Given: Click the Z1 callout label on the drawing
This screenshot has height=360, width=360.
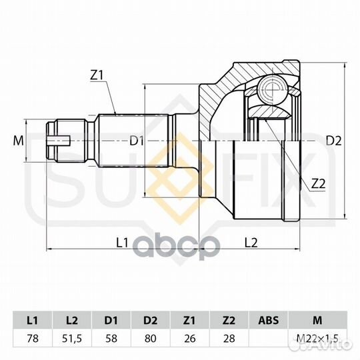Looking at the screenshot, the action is point(97,75).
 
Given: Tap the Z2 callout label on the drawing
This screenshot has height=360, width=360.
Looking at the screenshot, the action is point(318,184).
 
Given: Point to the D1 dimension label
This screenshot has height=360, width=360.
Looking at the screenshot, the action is point(137,141).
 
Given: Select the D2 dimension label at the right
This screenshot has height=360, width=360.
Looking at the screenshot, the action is point(333,141).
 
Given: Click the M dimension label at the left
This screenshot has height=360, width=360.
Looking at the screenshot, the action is point(19,141).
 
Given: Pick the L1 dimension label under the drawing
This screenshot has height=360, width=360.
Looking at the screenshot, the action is point(122,243).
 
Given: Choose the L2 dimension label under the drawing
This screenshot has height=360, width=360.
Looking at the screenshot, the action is point(251,243).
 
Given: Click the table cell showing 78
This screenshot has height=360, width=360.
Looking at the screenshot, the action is point(33,339).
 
